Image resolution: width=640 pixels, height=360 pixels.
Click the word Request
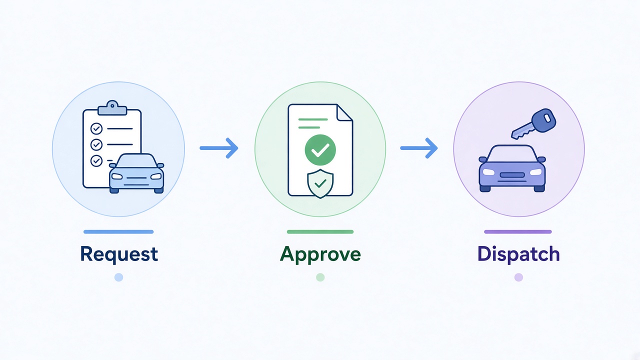(x=119, y=253)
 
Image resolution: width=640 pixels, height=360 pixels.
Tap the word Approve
(x=320, y=254)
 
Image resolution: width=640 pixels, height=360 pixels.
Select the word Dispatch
(x=518, y=253)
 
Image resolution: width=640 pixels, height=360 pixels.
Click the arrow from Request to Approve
(x=219, y=148)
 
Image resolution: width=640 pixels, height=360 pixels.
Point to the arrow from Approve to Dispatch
(x=419, y=148)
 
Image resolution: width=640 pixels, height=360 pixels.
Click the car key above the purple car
(x=533, y=124)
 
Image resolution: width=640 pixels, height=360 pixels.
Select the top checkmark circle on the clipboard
(x=96, y=129)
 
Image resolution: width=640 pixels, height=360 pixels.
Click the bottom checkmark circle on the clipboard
(x=96, y=161)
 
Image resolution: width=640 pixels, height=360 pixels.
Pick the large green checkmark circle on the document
(x=320, y=149)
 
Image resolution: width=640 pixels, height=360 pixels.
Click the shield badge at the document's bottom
(x=320, y=183)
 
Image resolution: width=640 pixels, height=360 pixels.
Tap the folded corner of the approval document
(x=344, y=113)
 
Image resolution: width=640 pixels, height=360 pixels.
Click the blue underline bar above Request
(x=118, y=231)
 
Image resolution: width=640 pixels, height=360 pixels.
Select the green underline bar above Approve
(x=320, y=231)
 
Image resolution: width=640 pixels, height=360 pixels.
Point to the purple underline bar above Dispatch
(x=518, y=231)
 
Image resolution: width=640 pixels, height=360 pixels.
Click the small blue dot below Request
(x=119, y=277)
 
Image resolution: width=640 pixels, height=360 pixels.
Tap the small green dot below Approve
(x=320, y=277)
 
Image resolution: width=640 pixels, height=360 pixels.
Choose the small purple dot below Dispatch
(x=518, y=277)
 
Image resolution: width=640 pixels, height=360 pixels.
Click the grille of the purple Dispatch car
(x=512, y=175)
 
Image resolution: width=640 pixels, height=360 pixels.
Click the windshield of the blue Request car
(x=136, y=161)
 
